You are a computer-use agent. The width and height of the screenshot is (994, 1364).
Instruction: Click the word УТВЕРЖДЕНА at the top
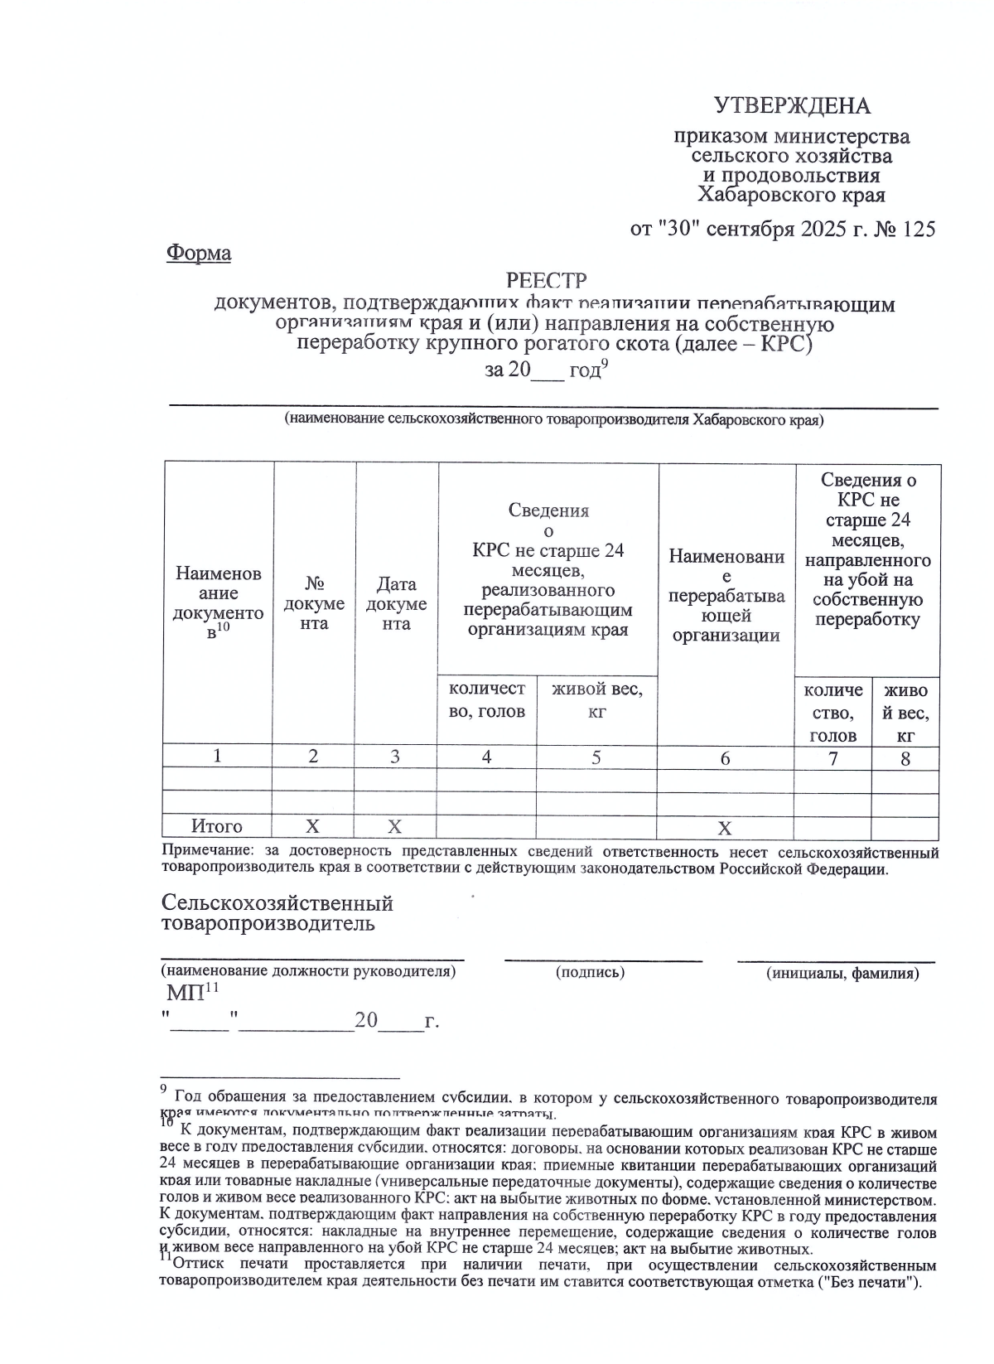point(792,106)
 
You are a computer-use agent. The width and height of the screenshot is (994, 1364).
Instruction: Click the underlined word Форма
point(199,253)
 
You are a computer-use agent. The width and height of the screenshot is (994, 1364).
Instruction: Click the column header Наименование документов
point(218,602)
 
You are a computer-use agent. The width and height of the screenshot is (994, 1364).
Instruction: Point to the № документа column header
point(313,604)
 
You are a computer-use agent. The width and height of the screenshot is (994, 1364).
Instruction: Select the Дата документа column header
point(396,604)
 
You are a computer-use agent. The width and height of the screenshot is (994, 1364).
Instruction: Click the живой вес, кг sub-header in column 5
point(596,699)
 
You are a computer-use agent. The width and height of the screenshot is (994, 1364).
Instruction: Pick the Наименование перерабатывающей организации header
point(726,595)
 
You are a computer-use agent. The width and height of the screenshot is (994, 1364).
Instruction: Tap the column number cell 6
point(725,758)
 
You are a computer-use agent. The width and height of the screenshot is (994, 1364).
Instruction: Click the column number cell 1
point(217,756)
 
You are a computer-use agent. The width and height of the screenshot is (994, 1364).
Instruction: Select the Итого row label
point(217,826)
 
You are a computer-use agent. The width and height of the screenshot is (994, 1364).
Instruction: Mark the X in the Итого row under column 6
point(725,828)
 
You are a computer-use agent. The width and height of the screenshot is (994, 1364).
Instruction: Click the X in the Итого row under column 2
point(312,826)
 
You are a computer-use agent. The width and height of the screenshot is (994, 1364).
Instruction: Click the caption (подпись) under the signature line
point(590,972)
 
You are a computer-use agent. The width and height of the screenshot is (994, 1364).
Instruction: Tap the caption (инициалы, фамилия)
point(842,973)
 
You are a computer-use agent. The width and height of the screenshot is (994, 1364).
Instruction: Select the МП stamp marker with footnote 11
point(191,992)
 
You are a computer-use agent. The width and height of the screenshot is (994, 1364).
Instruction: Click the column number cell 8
point(905,758)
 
